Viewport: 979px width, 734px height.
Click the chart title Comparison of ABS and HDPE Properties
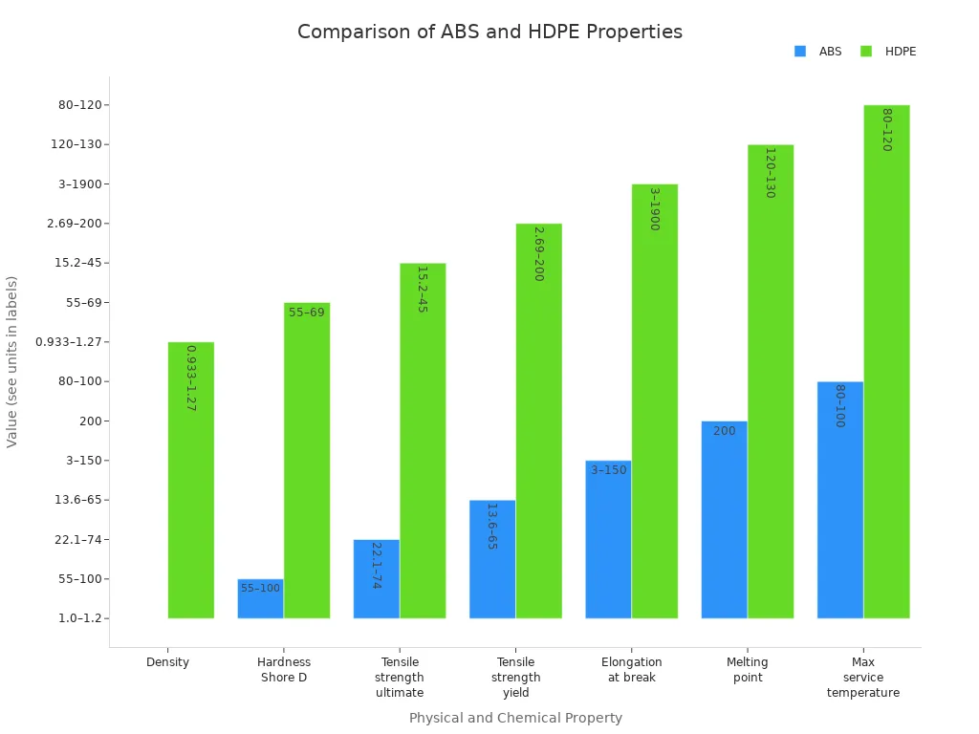click(489, 32)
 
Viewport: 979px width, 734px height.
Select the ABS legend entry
click(818, 52)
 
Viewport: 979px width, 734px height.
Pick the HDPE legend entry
click(889, 52)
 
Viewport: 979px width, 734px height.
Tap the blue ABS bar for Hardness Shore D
click(260, 599)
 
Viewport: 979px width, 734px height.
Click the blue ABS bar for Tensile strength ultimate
click(377, 579)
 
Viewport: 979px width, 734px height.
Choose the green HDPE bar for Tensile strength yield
click(539, 421)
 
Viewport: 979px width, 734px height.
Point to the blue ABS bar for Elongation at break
click(608, 540)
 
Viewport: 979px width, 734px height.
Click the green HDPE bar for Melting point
click(771, 381)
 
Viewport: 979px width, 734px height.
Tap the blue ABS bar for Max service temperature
click(840, 500)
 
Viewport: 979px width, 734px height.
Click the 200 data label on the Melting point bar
click(725, 431)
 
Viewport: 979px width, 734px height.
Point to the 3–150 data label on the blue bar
click(609, 470)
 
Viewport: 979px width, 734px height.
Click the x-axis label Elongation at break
click(632, 670)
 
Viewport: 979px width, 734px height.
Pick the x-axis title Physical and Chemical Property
click(515, 718)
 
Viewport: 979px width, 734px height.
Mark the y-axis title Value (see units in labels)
click(12, 361)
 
